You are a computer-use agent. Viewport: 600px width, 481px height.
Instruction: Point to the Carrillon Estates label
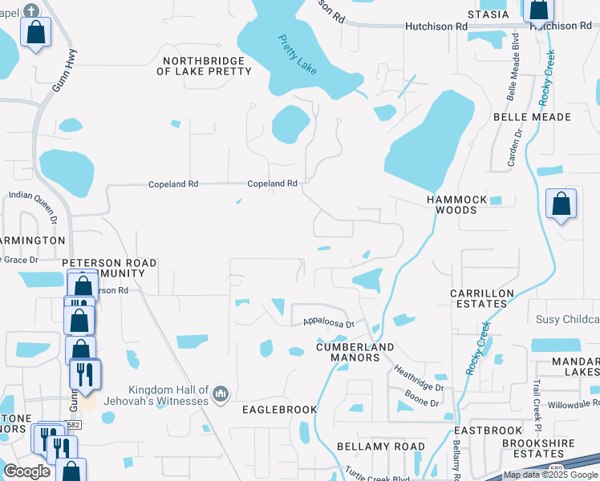(x=481, y=299)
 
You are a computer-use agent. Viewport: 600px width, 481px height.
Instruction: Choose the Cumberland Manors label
(x=355, y=352)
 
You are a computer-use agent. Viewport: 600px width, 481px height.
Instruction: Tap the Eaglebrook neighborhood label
(x=280, y=410)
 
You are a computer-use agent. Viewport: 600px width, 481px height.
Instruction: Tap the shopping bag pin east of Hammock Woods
(x=561, y=204)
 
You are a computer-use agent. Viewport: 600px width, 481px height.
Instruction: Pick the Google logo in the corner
(x=26, y=471)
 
